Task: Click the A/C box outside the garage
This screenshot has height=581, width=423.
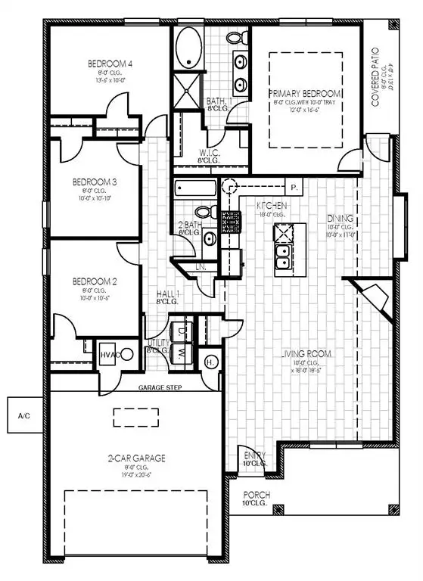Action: [x=23, y=416]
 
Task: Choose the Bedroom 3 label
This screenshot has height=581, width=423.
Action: [x=94, y=182]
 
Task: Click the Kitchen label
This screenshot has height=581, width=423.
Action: [x=271, y=206]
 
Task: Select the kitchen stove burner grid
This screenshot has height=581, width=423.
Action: [x=230, y=222]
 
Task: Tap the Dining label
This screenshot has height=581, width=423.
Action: [x=341, y=219]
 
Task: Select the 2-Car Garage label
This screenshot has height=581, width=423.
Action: [x=136, y=458]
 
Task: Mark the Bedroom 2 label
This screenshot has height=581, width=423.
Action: [x=94, y=281]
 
